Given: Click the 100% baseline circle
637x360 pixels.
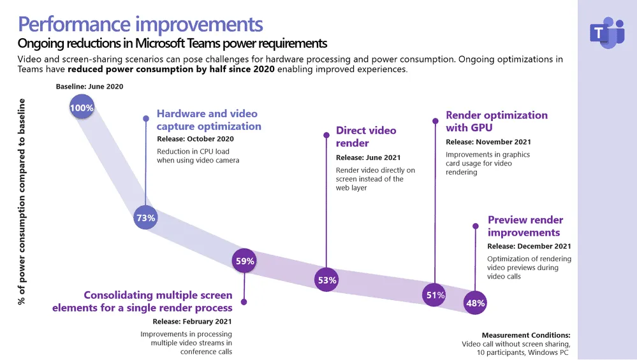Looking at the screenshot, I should [x=82, y=108].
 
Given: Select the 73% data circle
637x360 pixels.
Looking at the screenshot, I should [x=146, y=218].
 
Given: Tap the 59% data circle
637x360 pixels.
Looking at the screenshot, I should [x=245, y=261].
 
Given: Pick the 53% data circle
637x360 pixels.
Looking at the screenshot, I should [x=326, y=280].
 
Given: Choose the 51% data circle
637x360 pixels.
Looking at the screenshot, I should [x=435, y=294].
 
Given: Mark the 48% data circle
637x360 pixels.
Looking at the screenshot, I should [x=476, y=303].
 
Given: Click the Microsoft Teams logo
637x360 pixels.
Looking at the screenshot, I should [x=606, y=33].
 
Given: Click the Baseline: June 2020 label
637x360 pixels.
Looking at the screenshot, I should [x=90, y=86].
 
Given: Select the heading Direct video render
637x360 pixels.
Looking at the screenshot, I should [x=366, y=136].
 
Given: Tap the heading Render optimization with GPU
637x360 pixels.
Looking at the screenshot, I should [x=496, y=121].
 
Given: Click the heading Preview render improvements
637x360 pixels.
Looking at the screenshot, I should [x=525, y=226].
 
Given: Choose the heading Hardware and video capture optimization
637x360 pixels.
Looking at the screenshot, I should [x=207, y=120].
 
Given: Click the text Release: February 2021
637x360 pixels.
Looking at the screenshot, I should [x=192, y=322].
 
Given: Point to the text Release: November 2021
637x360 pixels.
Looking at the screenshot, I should [x=488, y=142].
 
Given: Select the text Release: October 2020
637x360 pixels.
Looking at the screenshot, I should [x=195, y=139].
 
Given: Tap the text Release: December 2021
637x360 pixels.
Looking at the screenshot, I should [x=529, y=246].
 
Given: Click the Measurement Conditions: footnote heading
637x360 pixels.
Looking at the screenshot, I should [x=526, y=335].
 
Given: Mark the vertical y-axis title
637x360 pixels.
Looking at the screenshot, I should [x=22, y=201].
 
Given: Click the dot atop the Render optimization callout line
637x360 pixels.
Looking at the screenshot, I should [x=436, y=120].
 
